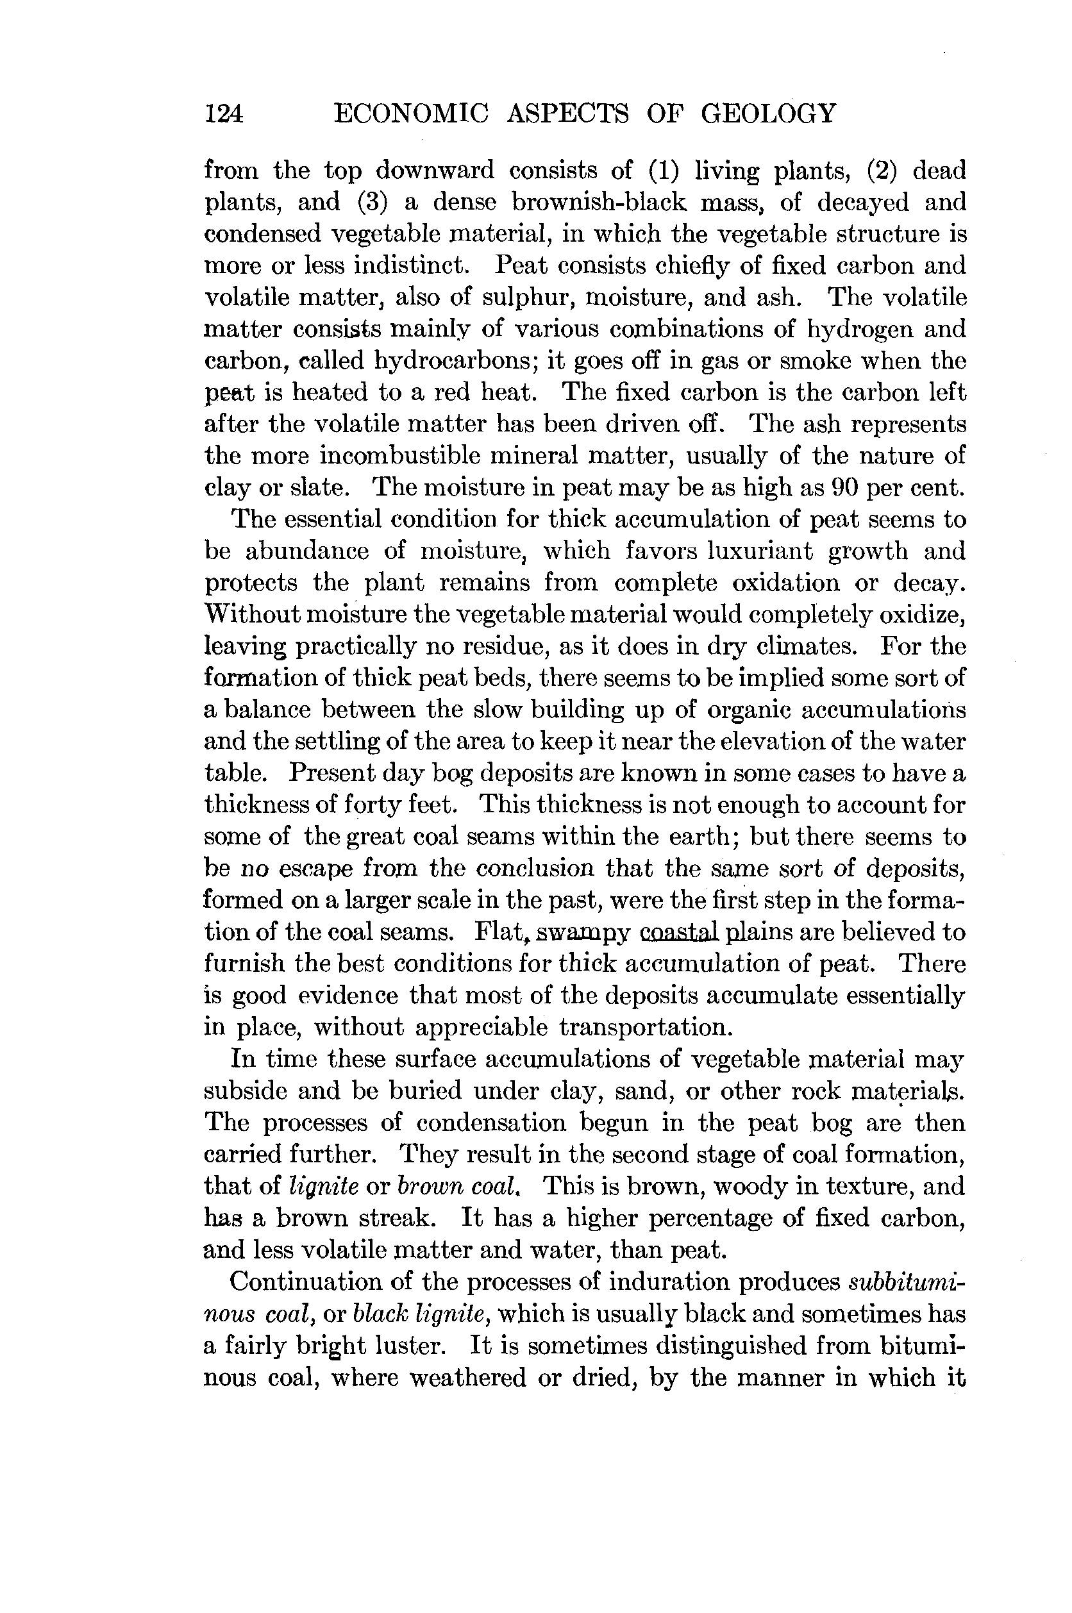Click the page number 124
[224, 113]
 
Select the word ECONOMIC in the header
[411, 113]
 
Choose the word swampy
[581, 932]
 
